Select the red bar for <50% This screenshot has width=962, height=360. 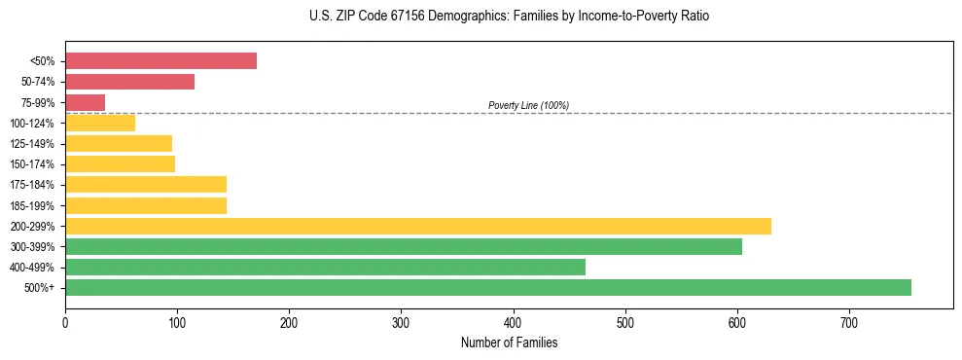(160, 60)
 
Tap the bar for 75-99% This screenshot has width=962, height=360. (85, 102)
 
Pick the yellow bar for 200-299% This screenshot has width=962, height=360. (418, 226)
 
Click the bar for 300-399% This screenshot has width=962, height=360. (404, 246)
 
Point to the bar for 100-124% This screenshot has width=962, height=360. (100, 123)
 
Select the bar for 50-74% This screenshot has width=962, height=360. (129, 82)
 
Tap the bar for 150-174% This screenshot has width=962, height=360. (120, 163)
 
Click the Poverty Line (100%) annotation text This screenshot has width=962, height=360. (528, 105)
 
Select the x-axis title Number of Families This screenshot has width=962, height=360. (509, 342)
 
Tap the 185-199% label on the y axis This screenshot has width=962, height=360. (32, 205)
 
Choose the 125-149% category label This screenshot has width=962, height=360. (32, 144)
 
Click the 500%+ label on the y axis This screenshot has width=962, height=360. (40, 288)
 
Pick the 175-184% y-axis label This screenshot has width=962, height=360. (32, 185)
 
